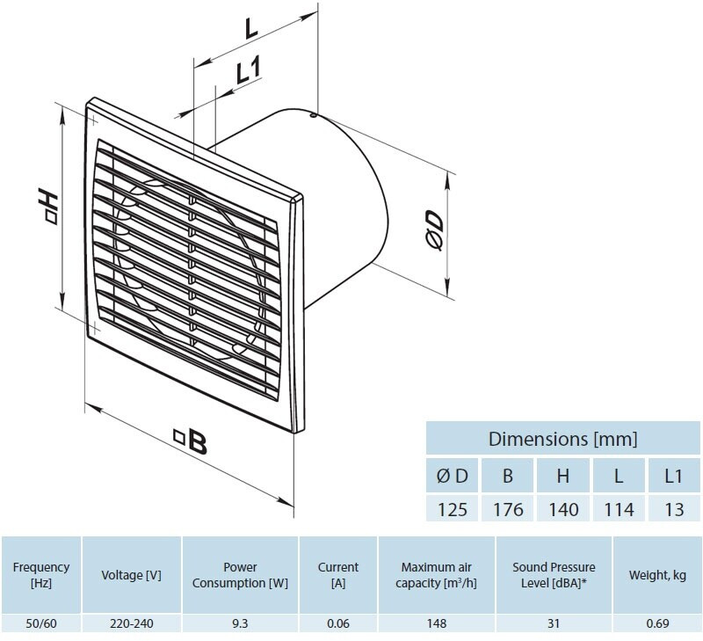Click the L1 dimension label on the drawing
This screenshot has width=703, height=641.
249,70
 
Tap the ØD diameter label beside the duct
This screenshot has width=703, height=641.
434,229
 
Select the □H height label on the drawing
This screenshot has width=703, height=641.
47,207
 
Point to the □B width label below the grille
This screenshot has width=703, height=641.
191,441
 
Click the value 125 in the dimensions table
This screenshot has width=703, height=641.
452,510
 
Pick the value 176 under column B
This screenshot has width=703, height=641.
508,510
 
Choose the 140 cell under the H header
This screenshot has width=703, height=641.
563,510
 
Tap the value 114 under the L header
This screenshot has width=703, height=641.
620,510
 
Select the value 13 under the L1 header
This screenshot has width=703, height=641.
674,510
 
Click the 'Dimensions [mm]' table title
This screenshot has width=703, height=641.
562,439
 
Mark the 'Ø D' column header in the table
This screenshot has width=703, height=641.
452,476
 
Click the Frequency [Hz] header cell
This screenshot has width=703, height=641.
41,575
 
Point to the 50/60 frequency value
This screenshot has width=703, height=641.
41,623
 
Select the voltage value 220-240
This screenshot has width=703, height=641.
132,623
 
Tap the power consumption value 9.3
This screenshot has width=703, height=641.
240,623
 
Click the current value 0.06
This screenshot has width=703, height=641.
338,623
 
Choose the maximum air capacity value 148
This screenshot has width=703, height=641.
437,623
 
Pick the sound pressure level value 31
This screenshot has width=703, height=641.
554,623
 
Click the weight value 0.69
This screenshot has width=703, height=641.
657,623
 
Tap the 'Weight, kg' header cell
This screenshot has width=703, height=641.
657,575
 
